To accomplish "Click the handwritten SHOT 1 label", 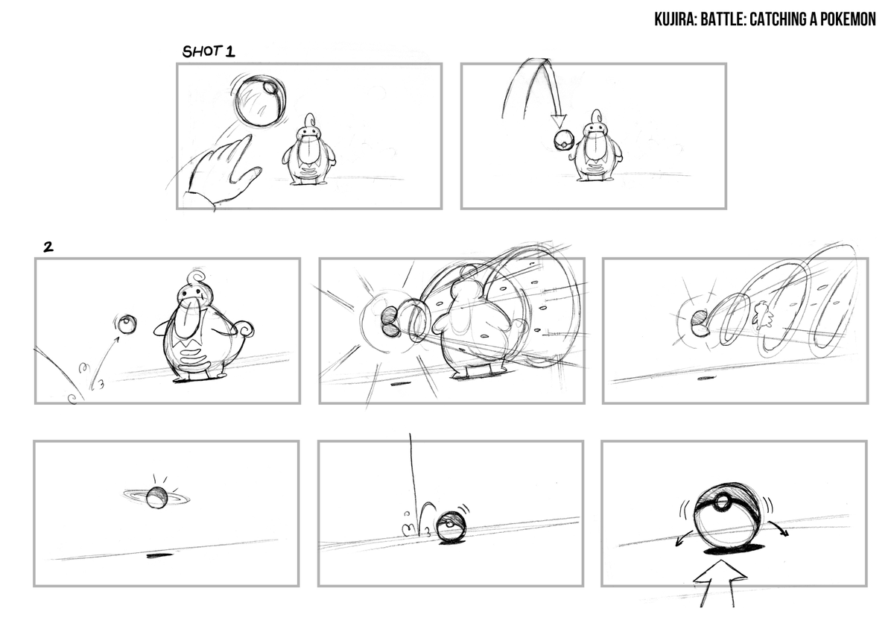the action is point(209,51).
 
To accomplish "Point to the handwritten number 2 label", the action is point(48,247).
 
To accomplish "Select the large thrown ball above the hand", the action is point(259,100).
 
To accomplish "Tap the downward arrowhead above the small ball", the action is point(558,121).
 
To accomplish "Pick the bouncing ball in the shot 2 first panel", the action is point(127,323).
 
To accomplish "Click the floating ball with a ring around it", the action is point(156,498).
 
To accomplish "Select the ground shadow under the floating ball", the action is point(159,555).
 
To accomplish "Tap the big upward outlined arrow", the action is point(720,584).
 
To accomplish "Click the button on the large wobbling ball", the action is point(721,502).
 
